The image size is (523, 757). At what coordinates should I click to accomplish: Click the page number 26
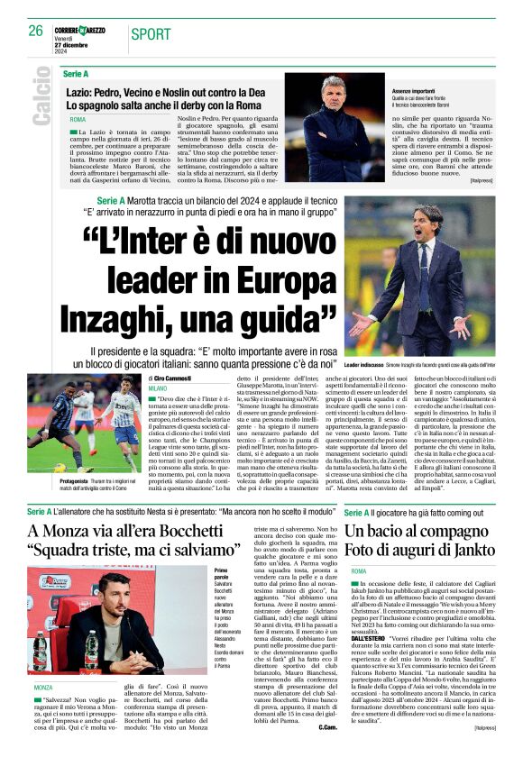click(x=36, y=31)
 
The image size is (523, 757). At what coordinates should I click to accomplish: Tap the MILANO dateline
click(x=158, y=388)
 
